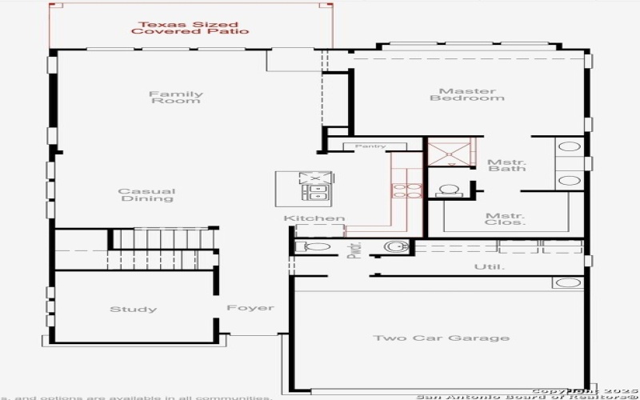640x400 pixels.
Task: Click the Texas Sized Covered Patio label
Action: (190, 28)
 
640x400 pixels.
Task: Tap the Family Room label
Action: (176, 98)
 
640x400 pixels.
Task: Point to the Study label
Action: (133, 310)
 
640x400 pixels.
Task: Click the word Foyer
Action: (250, 308)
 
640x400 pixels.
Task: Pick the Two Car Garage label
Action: (441, 338)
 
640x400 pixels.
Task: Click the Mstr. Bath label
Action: (506, 166)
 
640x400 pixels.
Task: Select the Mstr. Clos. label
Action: (506, 219)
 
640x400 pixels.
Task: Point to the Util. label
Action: (489, 266)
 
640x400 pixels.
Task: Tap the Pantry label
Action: (370, 146)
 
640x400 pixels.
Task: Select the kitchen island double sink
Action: (315, 193)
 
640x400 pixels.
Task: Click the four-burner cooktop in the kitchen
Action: (400, 191)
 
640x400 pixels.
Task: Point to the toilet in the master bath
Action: (448, 191)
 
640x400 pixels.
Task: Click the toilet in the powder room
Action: (310, 247)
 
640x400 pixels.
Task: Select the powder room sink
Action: (395, 246)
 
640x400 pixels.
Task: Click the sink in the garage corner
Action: (567, 282)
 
